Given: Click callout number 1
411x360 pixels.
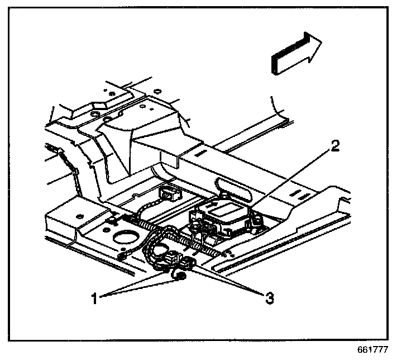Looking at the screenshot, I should [x=95, y=298].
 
